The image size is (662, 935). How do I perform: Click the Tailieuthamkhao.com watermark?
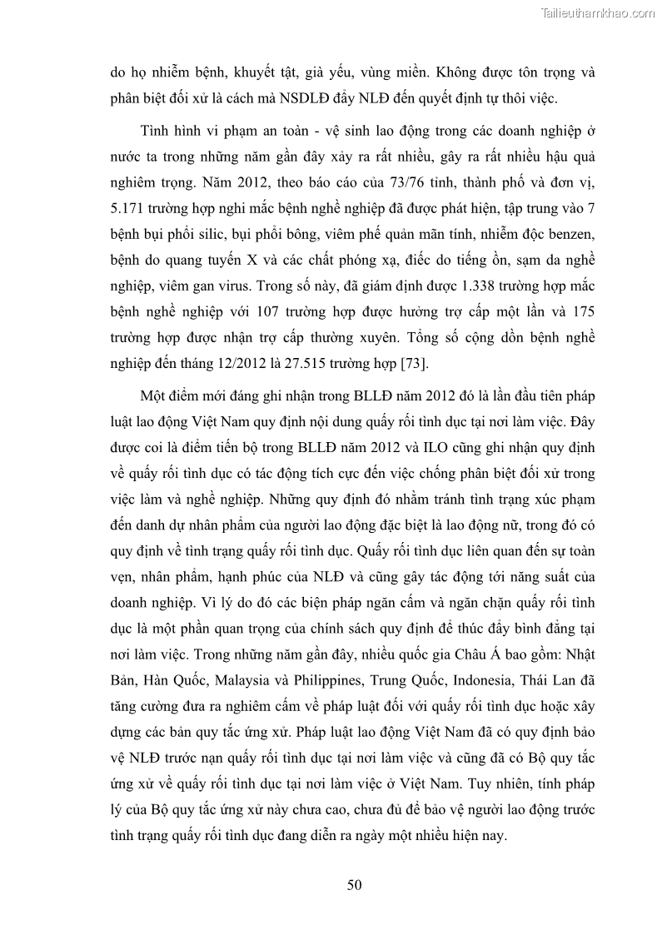(x=599, y=12)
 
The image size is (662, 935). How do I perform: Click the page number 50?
(x=354, y=885)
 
